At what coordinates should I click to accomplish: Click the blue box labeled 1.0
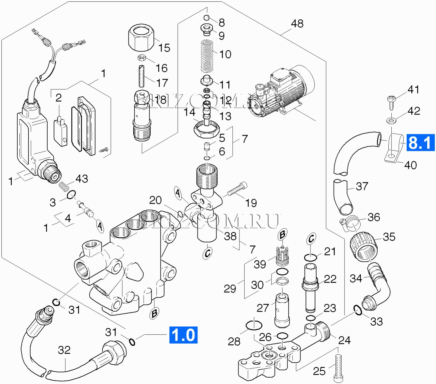183,335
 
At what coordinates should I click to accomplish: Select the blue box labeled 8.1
420,143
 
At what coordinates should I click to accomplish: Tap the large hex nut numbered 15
141,38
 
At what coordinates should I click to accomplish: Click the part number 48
297,24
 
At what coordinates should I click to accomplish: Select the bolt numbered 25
338,368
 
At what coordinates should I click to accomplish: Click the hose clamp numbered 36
351,223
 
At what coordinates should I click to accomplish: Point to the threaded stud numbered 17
141,76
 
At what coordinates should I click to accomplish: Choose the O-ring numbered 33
358,310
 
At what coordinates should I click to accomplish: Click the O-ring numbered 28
254,325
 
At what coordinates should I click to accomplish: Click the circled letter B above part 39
282,235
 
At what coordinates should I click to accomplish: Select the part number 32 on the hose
64,350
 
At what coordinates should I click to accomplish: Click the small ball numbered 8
207,17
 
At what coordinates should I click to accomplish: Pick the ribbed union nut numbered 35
364,246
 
